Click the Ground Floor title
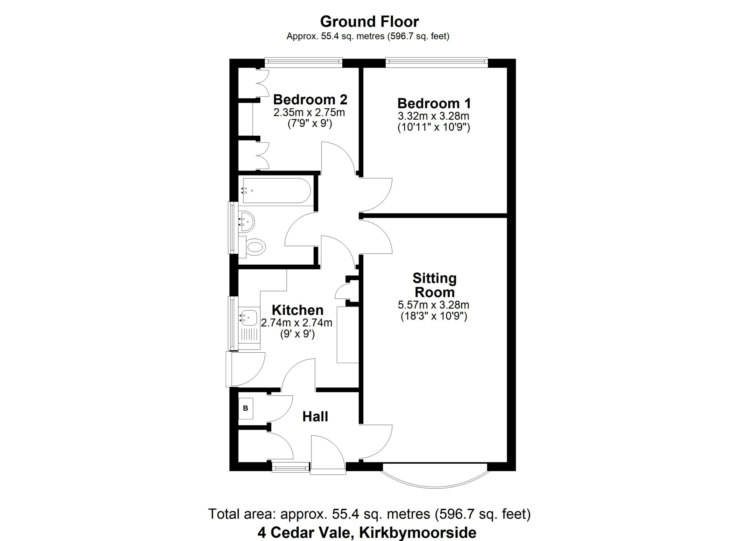click(x=369, y=22)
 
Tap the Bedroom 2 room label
click(x=310, y=99)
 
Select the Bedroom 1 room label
click(x=434, y=103)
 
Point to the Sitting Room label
click(x=434, y=285)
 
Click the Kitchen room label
click(x=297, y=310)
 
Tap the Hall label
click(x=315, y=416)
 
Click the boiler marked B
click(x=246, y=408)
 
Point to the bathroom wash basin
click(x=246, y=222)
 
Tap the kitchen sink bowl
click(x=249, y=318)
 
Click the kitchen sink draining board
click(x=249, y=335)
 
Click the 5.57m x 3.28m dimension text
click(x=433, y=305)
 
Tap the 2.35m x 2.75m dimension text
click(x=309, y=112)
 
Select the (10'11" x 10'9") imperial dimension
click(x=434, y=127)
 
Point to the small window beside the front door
click(x=291, y=467)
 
